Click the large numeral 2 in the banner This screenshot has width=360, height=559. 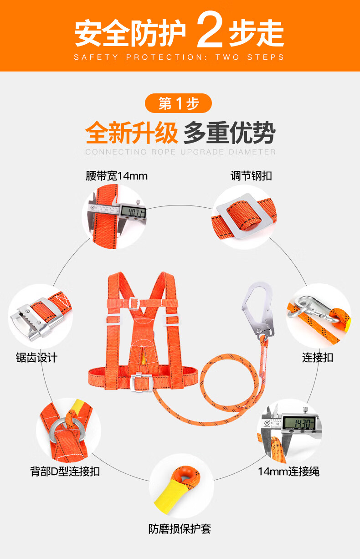[x=210, y=29]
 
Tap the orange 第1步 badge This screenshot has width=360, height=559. [x=178, y=103]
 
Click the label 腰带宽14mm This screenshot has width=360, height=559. [x=117, y=176]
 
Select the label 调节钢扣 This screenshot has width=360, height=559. [x=251, y=176]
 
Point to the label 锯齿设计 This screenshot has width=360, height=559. [x=37, y=357]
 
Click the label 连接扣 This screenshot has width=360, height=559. [x=318, y=357]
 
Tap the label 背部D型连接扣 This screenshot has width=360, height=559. [x=65, y=472]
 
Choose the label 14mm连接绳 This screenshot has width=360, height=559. [x=288, y=472]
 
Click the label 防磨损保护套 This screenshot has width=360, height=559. [x=180, y=528]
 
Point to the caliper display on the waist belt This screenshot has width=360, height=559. [x=133, y=212]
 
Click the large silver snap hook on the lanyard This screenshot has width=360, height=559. [x=258, y=310]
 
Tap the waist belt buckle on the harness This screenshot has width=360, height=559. [x=141, y=382]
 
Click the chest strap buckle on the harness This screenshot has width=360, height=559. [x=134, y=304]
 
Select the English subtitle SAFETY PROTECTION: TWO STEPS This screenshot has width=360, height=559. [x=179, y=57]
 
